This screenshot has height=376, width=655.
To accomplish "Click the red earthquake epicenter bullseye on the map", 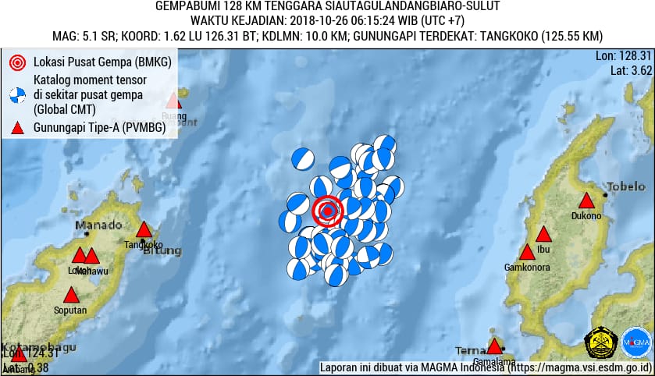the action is click(x=329, y=211).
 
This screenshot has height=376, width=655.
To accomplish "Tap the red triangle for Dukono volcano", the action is click(x=586, y=201).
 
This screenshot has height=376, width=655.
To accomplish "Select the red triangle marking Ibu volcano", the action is click(x=544, y=234).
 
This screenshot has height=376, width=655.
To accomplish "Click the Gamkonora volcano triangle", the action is click(x=528, y=252).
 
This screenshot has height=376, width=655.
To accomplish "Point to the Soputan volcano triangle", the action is click(x=71, y=295).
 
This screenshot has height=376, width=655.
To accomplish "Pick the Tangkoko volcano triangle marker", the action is click(x=144, y=229).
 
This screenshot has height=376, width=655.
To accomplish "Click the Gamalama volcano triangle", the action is click(x=494, y=346).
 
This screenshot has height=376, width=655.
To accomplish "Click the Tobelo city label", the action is click(x=627, y=186).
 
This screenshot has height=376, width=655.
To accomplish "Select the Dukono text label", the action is click(x=586, y=216).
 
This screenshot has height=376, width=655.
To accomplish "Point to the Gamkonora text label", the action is click(x=529, y=267).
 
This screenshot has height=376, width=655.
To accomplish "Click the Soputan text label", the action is click(x=70, y=310).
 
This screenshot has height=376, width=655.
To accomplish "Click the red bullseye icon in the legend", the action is click(x=17, y=62).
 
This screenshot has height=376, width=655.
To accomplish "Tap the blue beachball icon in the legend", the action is click(x=17, y=95).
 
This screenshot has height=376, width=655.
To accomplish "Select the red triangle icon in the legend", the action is click(x=17, y=129).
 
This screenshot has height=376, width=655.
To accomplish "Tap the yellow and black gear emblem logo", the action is click(x=601, y=342).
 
